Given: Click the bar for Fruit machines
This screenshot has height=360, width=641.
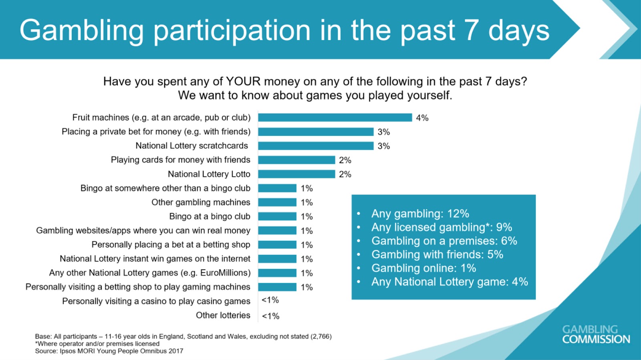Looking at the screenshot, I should pyautogui.click(x=335, y=117).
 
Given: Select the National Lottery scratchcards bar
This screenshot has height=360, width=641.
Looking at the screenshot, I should pyautogui.click(x=316, y=146).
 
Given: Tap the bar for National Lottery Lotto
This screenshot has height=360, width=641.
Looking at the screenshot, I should pyautogui.click(x=296, y=174).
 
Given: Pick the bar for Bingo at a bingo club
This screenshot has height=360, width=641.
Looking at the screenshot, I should pyautogui.click(x=277, y=216).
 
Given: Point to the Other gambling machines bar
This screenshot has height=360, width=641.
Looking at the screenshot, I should pyautogui.click(x=277, y=202).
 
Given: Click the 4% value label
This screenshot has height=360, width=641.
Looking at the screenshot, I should pyautogui.click(x=422, y=118).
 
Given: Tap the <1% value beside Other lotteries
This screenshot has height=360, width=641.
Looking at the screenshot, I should pyautogui.click(x=270, y=316).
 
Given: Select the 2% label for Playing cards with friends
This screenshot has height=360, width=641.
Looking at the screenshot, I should pyautogui.click(x=345, y=160).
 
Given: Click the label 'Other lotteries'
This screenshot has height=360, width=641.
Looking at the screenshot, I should pyautogui.click(x=223, y=316).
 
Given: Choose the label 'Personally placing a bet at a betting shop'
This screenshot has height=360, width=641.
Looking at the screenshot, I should pyautogui.click(x=171, y=245).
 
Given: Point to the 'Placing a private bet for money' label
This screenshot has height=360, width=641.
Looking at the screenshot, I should pyautogui.click(x=156, y=131).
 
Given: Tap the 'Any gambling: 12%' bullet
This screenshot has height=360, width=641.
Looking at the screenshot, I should pyautogui.click(x=420, y=214).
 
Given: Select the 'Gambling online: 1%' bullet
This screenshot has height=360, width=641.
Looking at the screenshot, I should pyautogui.click(x=423, y=268).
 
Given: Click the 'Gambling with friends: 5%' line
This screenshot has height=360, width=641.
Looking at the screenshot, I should pyautogui.click(x=437, y=255).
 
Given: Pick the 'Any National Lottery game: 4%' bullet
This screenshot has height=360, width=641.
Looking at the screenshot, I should pyautogui.click(x=450, y=282).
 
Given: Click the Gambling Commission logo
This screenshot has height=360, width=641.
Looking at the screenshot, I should pyautogui.click(x=596, y=334).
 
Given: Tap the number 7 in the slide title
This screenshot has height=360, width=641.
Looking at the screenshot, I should pyautogui.click(x=471, y=30).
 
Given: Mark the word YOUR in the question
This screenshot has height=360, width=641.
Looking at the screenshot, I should pyautogui.click(x=243, y=81).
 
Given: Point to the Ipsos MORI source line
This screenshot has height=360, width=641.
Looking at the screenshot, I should pyautogui.click(x=109, y=351).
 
